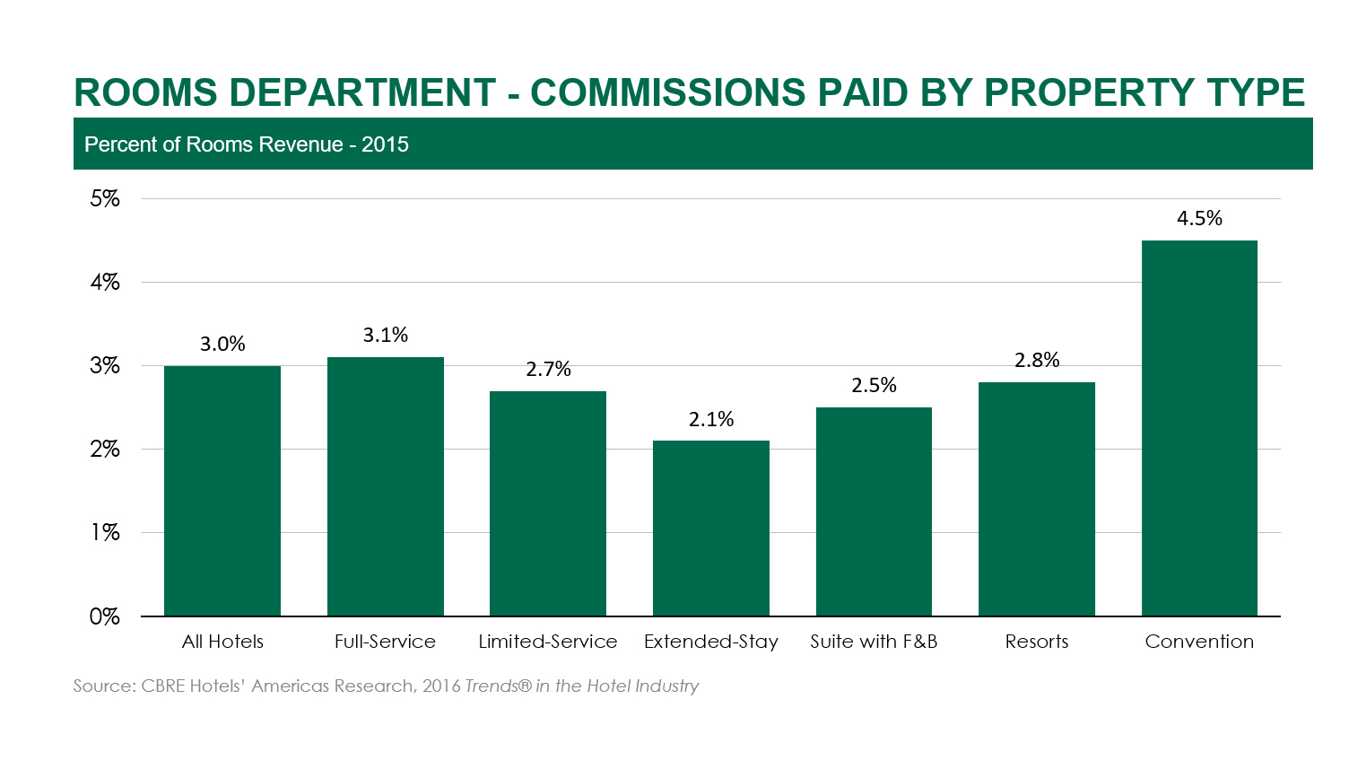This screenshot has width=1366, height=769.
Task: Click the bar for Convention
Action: point(1199,428)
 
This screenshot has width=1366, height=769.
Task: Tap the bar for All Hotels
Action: point(222,491)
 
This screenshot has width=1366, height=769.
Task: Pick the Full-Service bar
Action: point(385,486)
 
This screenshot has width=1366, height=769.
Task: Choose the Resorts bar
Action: point(1036,499)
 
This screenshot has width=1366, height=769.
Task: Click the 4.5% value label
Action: point(1199,219)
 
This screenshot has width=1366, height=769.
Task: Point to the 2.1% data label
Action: point(711,419)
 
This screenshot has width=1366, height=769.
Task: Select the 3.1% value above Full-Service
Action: point(386,336)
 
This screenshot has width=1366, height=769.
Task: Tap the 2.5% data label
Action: point(874,386)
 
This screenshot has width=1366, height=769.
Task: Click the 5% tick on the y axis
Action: point(105,199)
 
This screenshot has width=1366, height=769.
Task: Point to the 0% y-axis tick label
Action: point(104,616)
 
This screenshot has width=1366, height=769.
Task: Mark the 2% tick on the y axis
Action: point(105,450)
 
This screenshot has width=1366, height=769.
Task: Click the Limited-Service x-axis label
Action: point(547,642)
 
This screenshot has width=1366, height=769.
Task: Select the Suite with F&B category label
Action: point(874,642)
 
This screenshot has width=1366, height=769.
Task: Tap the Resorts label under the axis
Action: point(1037,642)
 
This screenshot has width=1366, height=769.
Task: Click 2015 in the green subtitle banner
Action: point(385,144)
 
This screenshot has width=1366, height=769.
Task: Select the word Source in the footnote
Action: point(102,686)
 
